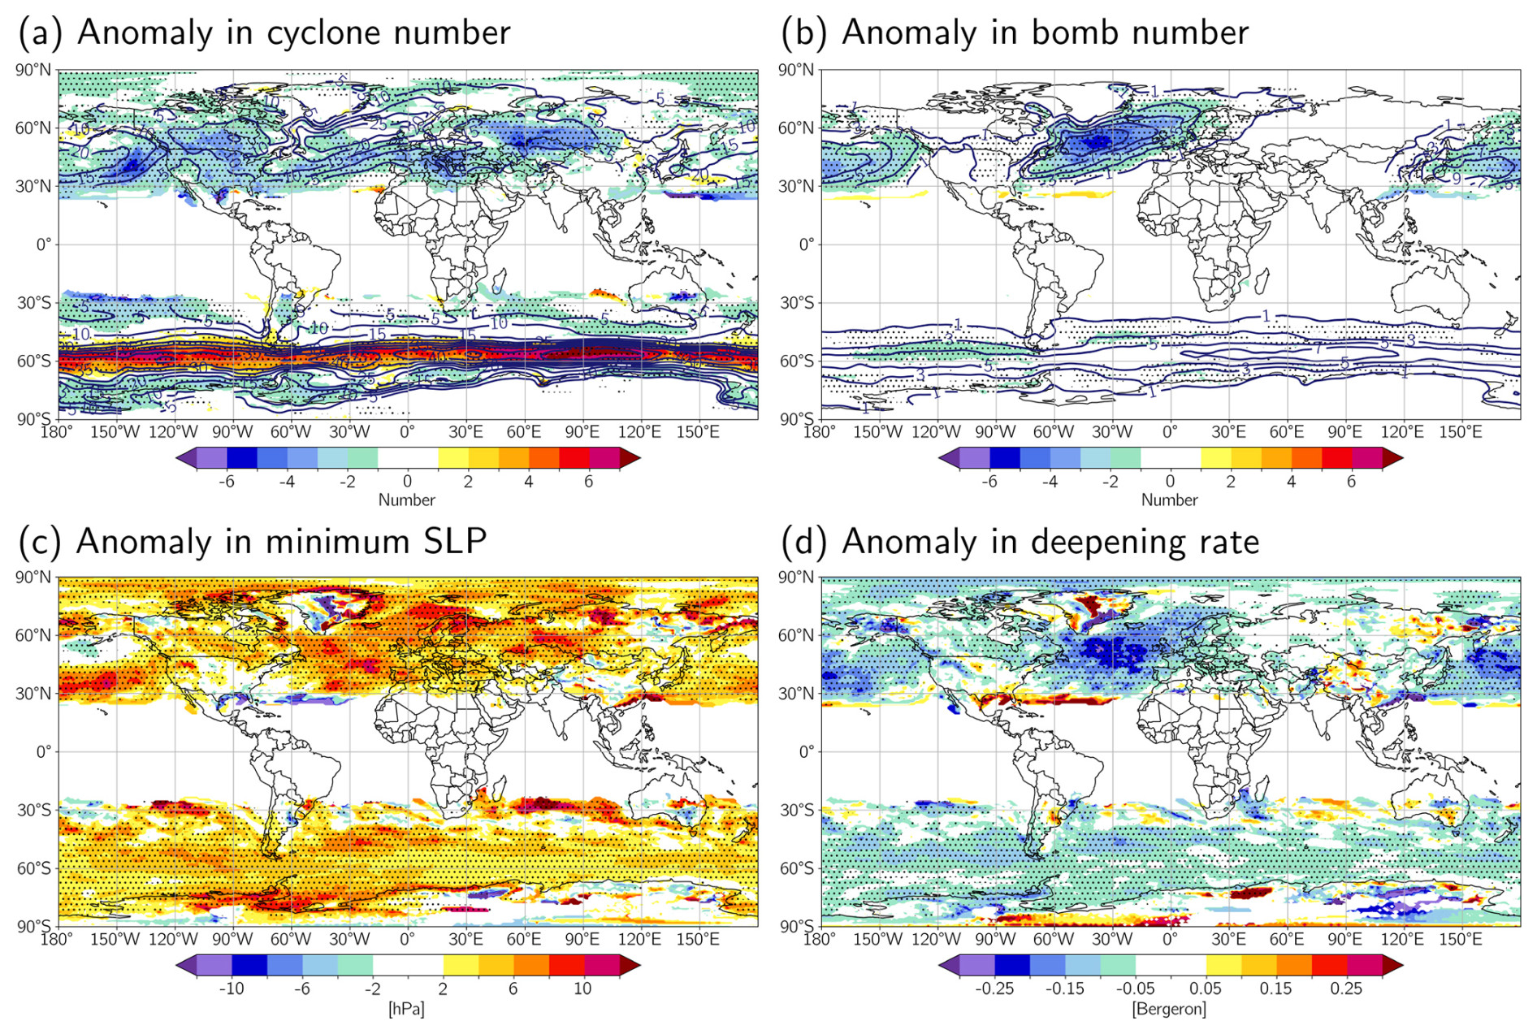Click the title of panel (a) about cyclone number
point(264,32)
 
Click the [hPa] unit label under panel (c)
point(406,1009)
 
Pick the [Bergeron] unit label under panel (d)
point(1169,1009)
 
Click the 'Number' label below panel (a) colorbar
point(406,500)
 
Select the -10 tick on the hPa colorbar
point(232,989)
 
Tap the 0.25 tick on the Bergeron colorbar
point(1346,989)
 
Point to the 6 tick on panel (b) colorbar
point(1351,481)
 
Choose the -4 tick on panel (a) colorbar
point(287,481)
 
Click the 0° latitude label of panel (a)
point(44,244)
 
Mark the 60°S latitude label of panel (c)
point(33,868)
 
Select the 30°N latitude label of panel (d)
point(796,694)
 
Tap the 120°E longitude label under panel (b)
point(1402,431)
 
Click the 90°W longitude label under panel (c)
point(232,940)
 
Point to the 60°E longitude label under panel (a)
point(524,431)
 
